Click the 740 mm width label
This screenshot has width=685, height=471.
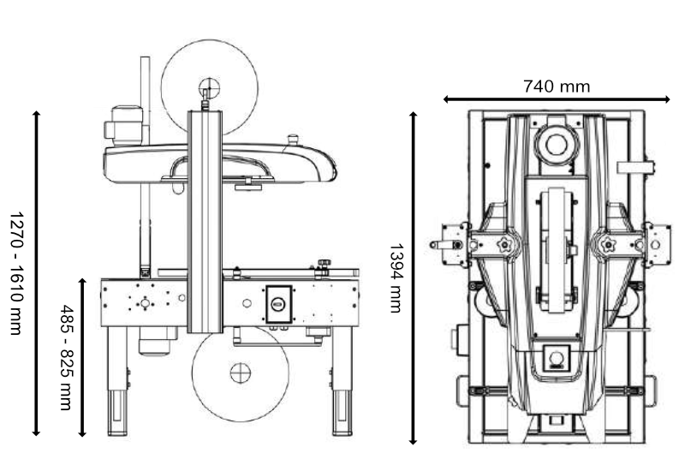click(x=556, y=86)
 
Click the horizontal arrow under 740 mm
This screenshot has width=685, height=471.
click(x=556, y=100)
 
